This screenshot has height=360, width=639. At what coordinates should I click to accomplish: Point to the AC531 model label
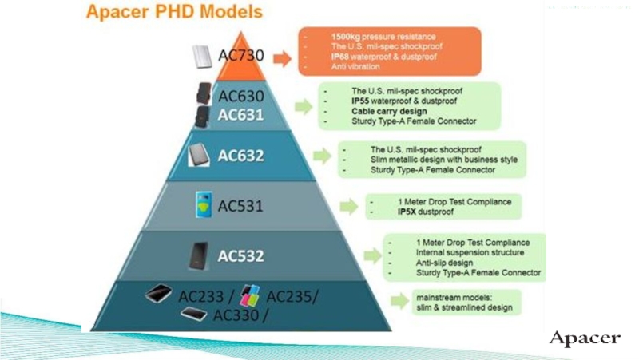tap(241, 207)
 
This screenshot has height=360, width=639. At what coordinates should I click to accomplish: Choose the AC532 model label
tap(241, 255)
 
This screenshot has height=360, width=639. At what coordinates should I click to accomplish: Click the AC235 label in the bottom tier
tap(291, 297)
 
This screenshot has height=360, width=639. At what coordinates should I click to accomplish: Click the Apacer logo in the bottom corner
tap(585, 338)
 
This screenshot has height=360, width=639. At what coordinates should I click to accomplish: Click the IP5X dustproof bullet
tap(424, 213)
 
